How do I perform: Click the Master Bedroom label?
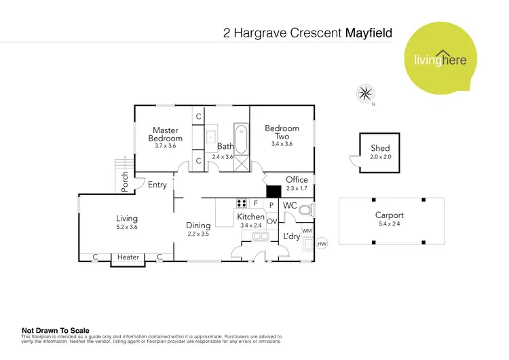pyautogui.click(x=165, y=134)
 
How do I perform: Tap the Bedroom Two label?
pyautogui.click(x=282, y=132)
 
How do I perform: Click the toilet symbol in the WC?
pyautogui.click(x=305, y=211)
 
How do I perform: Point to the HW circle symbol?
pyautogui.click(x=322, y=243)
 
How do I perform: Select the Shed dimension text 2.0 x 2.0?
pyautogui.click(x=380, y=157)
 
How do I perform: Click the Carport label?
pyautogui.click(x=389, y=215)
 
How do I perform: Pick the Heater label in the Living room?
pyautogui.click(x=128, y=257)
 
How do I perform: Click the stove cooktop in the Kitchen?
pyautogui.click(x=242, y=202)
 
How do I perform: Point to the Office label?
pyautogui.click(x=297, y=180)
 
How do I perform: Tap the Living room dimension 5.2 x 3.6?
pyautogui.click(x=126, y=228)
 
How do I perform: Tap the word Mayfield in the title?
pyautogui.click(x=370, y=32)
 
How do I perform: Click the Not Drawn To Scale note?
pyautogui.click(x=56, y=331)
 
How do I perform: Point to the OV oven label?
pyautogui.click(x=271, y=221)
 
